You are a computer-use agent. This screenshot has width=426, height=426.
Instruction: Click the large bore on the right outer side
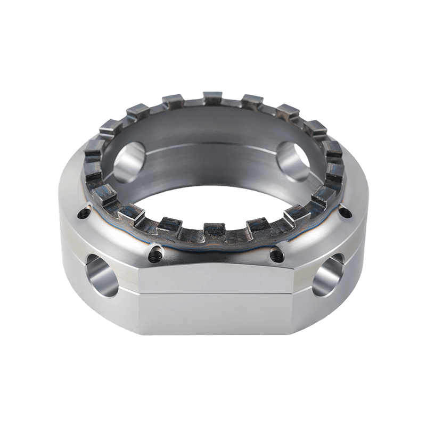click(x=326, y=277)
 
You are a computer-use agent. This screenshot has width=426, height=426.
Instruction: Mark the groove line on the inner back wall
click(x=213, y=145)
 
